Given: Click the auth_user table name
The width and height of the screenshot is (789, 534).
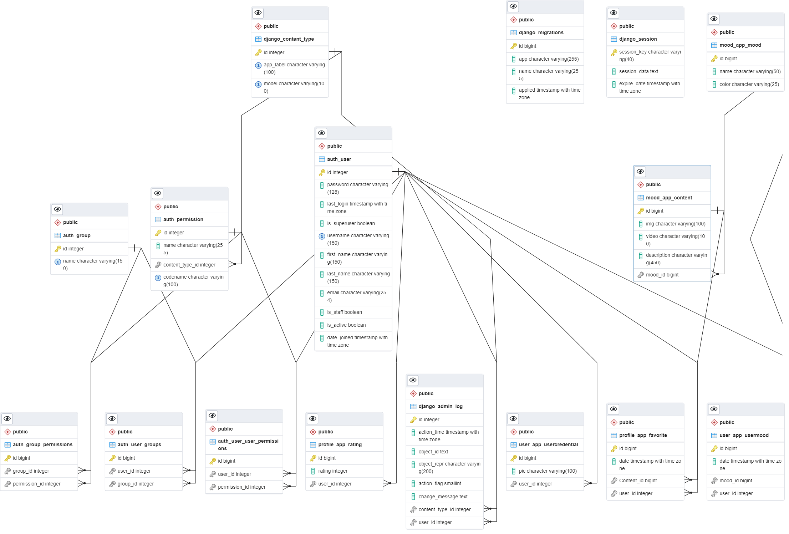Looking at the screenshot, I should (x=339, y=159).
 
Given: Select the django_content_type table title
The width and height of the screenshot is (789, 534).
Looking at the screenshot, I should (x=289, y=39).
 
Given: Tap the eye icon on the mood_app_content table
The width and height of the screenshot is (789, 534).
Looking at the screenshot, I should (x=640, y=172).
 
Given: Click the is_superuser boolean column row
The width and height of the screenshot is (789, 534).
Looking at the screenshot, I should (x=351, y=223).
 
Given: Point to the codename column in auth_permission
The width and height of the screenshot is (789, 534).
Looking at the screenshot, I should (x=193, y=281).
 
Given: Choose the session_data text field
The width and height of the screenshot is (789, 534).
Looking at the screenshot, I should (x=638, y=71).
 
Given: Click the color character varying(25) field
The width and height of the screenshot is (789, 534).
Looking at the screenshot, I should (x=749, y=84).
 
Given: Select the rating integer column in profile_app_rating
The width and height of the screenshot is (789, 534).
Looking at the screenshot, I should (x=332, y=471).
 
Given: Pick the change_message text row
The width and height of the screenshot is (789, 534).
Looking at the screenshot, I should (x=443, y=497).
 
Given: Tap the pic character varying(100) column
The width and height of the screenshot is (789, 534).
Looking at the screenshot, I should (x=548, y=471).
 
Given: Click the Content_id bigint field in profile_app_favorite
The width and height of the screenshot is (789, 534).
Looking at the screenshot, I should (x=638, y=480).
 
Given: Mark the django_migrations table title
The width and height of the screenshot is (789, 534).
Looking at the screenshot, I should (x=541, y=32).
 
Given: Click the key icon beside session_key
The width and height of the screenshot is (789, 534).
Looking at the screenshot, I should (x=614, y=52).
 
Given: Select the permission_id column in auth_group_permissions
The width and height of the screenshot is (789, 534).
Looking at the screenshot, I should (x=36, y=484).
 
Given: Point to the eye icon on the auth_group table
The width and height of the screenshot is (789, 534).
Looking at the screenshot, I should (x=57, y=209).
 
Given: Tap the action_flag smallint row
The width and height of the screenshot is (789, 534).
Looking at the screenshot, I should (x=439, y=483).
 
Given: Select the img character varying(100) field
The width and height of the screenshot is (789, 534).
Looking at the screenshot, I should (x=675, y=224).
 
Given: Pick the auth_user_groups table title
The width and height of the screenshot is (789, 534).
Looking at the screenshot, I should (x=139, y=444).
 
